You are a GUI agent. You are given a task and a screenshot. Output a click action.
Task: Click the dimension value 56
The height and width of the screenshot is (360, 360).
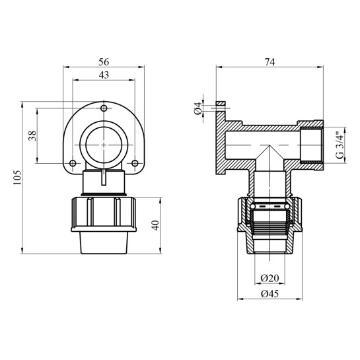click(104, 62)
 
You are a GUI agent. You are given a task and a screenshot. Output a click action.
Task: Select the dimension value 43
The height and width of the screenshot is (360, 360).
click(104, 75)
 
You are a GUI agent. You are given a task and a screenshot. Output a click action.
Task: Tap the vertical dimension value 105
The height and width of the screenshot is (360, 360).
click(17, 178)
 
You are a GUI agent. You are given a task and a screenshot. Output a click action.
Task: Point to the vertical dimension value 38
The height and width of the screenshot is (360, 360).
click(32, 135)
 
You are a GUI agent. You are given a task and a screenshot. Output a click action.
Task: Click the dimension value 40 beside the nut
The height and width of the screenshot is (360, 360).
click(156, 225)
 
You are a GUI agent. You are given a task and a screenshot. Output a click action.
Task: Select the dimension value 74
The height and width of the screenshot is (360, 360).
click(270, 62)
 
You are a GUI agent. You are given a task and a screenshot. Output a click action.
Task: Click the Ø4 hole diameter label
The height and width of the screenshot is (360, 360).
click(198, 108)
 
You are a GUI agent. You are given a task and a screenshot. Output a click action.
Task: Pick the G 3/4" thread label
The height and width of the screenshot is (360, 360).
click(340, 145)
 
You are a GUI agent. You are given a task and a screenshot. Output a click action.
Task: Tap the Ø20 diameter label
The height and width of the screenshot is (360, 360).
click(270, 278)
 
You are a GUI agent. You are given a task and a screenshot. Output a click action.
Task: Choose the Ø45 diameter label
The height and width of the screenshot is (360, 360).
click(270, 294)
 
